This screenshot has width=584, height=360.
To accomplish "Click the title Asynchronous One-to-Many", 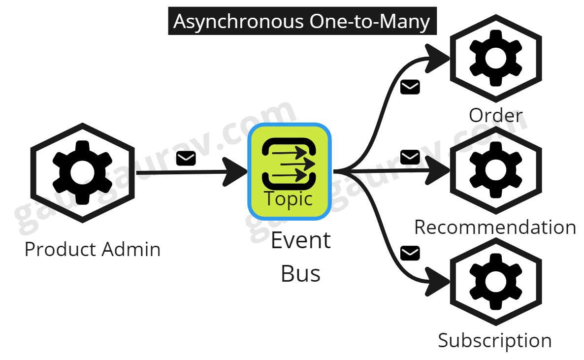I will (302, 21).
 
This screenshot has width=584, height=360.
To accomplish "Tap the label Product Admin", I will (93, 249).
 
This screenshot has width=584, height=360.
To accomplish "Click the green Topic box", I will (289, 171).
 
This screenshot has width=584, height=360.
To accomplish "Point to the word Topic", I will (289, 198).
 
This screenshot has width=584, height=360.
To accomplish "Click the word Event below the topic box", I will (301, 241).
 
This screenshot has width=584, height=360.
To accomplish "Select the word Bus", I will (300, 273).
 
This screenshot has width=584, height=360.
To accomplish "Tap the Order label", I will (495, 115).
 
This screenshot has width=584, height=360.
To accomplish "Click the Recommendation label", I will (495, 227).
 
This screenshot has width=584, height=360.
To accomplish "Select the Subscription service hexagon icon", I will (495, 281).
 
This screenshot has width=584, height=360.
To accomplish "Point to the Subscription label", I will (494, 340).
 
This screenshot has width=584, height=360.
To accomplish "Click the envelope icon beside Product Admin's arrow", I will (186, 159).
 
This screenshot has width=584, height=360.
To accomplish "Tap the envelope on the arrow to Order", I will (410, 87).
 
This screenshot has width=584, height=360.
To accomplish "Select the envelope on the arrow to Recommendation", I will (410, 157).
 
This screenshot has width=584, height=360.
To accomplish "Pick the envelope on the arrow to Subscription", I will (410, 253).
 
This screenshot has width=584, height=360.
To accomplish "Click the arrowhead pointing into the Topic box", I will (238, 171).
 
